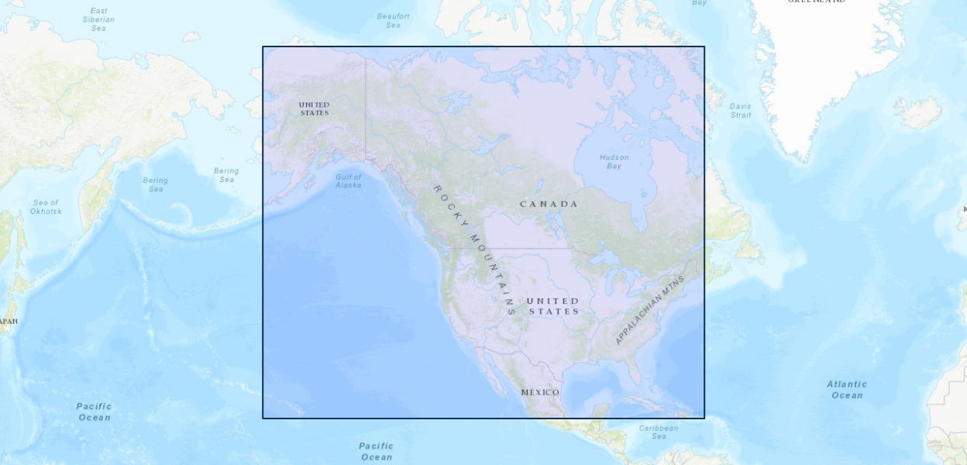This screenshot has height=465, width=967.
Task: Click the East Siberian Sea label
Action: pos(98,19)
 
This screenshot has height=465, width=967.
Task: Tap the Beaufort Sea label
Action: pos(393,20)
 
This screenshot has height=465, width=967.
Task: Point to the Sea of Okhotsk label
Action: pos(45,207)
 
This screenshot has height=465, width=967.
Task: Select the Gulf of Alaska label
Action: pos(348,181)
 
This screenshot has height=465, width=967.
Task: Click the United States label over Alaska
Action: pos(314,108)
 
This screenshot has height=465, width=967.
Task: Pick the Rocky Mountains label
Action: pos(473,248)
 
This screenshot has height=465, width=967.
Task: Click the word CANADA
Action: pos(549,204)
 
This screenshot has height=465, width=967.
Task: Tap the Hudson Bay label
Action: pos(614,161)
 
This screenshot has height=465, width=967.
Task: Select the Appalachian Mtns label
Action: pos(650,309)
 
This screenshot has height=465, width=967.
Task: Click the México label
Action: pos(540,392)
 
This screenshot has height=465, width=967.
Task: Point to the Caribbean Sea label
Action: pos(658,432)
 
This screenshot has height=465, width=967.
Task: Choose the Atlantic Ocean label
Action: pos(846,389)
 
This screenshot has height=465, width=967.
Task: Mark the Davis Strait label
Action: pos(740,110)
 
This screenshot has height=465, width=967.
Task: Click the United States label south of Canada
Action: pos(552,305)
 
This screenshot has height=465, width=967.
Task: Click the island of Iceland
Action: pos(917,112)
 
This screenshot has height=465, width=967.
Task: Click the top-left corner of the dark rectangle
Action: pos(263,46)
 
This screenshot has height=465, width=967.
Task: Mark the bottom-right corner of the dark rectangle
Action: pos(704,418)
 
